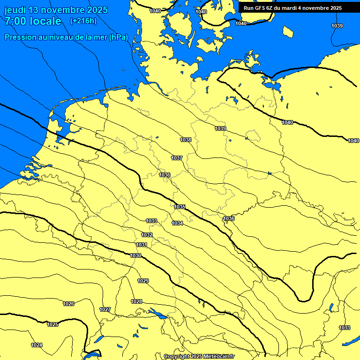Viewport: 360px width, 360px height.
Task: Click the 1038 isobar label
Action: [x=186, y=140]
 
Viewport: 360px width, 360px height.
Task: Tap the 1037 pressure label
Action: [x=177, y=158]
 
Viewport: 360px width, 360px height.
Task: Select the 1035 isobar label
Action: [x=180, y=207]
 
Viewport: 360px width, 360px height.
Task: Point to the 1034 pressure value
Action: [x=177, y=223]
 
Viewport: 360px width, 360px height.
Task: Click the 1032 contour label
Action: [x=147, y=235]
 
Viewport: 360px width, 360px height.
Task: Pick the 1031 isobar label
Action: [x=142, y=245]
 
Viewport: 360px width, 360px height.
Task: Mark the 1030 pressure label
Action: [x=136, y=255]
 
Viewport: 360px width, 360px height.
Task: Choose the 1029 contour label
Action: [x=143, y=281]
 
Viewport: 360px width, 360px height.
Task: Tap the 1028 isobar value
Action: [x=136, y=301]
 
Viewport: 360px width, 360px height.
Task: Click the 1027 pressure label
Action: [x=105, y=309]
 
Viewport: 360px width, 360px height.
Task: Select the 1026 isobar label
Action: [x=68, y=304]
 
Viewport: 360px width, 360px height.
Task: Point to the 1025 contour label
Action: [x=52, y=324]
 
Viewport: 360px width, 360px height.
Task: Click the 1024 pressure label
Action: [x=37, y=345]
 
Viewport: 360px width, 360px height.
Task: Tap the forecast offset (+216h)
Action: [x=83, y=21]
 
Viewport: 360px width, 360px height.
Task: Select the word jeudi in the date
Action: [x=15, y=10]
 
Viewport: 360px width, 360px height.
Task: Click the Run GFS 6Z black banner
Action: [x=292, y=8]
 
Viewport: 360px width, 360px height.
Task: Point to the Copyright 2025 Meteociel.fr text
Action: [x=199, y=357]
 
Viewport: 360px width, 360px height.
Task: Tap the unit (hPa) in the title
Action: [x=118, y=37]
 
